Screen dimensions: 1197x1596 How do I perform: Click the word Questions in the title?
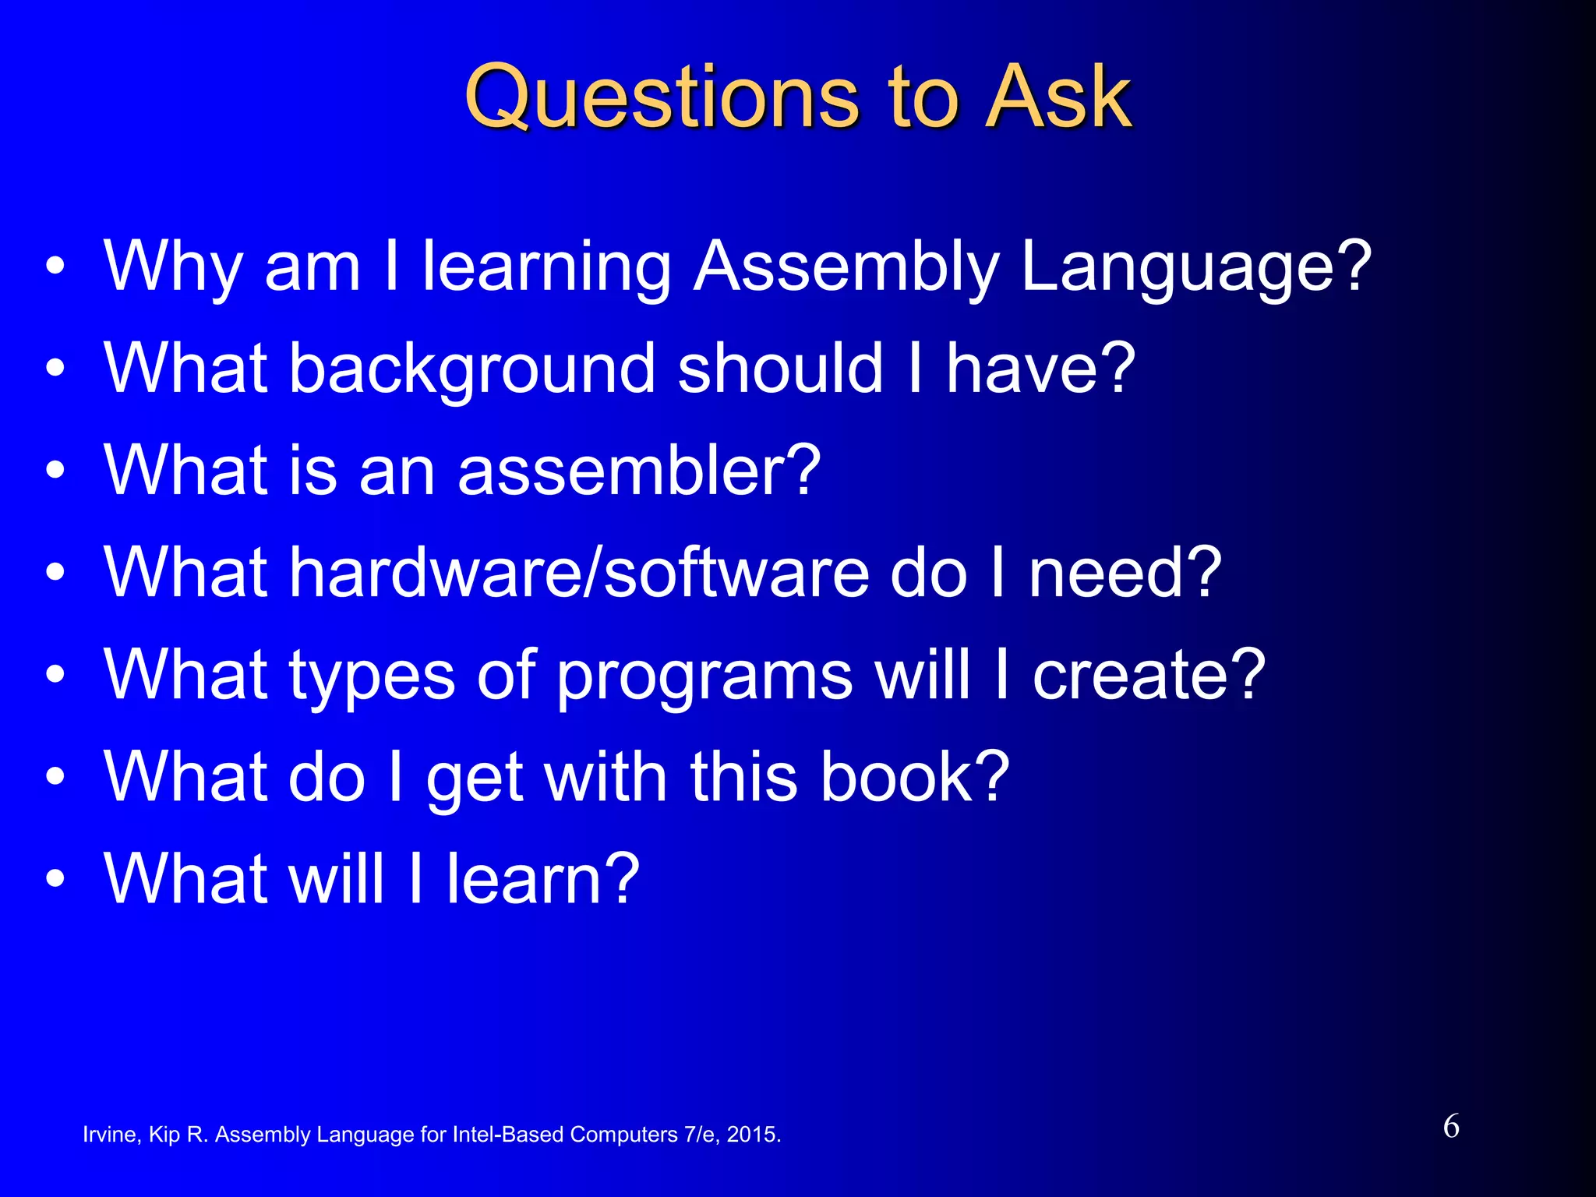point(662,99)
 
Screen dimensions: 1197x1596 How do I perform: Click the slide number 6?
point(1451,1127)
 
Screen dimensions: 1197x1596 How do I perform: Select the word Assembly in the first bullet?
point(846,269)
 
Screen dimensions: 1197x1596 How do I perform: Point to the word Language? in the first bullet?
point(1195,269)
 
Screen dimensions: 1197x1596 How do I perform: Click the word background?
point(472,370)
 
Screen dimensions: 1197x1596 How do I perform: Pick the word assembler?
point(639,471)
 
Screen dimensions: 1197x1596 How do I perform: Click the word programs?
point(704,676)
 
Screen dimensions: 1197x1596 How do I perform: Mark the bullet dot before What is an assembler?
point(55,471)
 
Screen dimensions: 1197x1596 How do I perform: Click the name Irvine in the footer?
point(111,1135)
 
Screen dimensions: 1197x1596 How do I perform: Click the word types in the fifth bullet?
point(372,676)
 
